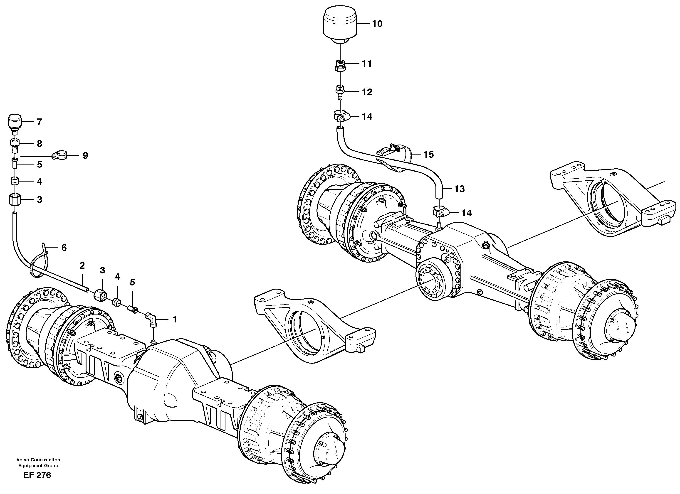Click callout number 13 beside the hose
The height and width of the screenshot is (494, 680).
pos(459,189)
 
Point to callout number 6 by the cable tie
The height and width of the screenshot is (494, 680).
pos(64,248)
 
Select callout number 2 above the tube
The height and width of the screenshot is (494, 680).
pos(82,265)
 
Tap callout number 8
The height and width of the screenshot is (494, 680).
pos(39,144)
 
